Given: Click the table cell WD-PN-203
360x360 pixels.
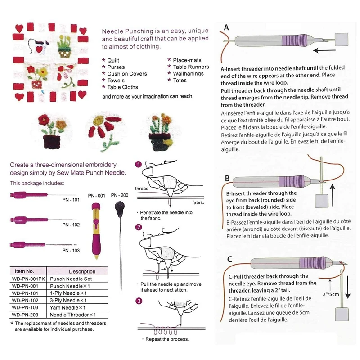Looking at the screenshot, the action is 25,315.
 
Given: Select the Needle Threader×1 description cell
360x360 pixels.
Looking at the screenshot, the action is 73,315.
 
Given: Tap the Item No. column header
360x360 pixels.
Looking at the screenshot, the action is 24,271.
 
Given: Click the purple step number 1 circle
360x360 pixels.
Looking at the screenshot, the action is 139,164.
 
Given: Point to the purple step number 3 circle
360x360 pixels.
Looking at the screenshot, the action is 139,301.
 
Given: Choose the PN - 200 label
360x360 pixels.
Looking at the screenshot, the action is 120,195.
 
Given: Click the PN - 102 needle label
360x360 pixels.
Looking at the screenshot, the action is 71,225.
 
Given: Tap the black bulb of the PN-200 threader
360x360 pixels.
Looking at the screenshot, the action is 120,208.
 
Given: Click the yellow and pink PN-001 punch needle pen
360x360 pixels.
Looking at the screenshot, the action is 96,231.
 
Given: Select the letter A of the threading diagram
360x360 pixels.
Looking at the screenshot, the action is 226,27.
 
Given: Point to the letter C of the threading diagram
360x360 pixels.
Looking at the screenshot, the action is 229,259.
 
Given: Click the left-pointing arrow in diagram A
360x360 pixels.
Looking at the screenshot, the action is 324,50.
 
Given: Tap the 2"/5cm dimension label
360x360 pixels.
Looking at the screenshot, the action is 331,294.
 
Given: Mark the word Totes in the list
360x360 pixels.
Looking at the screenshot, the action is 180,81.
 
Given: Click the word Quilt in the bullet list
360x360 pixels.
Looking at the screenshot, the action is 113,60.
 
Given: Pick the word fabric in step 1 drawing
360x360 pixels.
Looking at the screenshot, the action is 198,202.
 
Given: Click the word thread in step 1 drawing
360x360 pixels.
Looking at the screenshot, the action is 142,189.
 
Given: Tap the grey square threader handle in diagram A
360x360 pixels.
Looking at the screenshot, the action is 342,40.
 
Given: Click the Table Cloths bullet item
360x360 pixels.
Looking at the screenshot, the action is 122,87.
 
